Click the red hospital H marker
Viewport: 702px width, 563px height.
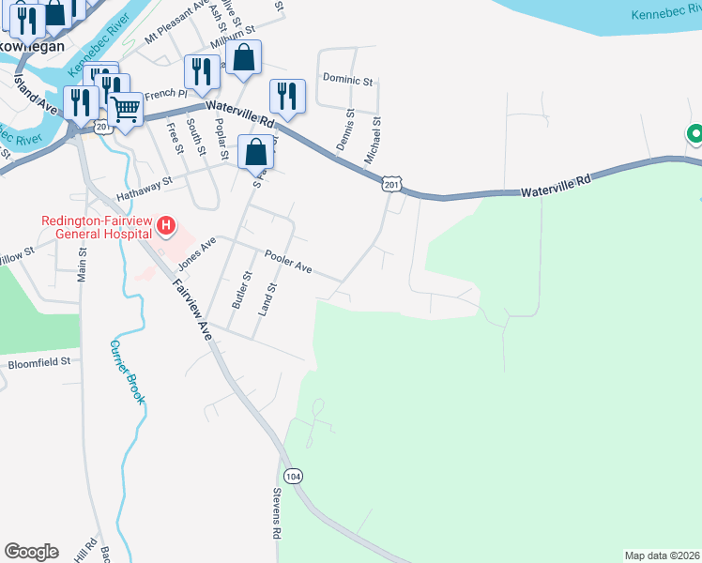point(166,225)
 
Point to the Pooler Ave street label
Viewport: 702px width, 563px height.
point(288,260)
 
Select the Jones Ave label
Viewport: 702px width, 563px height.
point(197,251)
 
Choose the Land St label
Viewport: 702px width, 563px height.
point(272,299)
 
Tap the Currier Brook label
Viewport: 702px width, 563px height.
point(128,372)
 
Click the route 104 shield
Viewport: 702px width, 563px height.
point(294,476)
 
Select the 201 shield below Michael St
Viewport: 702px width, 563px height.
point(392,186)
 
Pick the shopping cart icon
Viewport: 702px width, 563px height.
point(125,108)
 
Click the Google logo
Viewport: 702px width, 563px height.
point(31,552)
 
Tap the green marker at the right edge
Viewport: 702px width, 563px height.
point(695,135)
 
